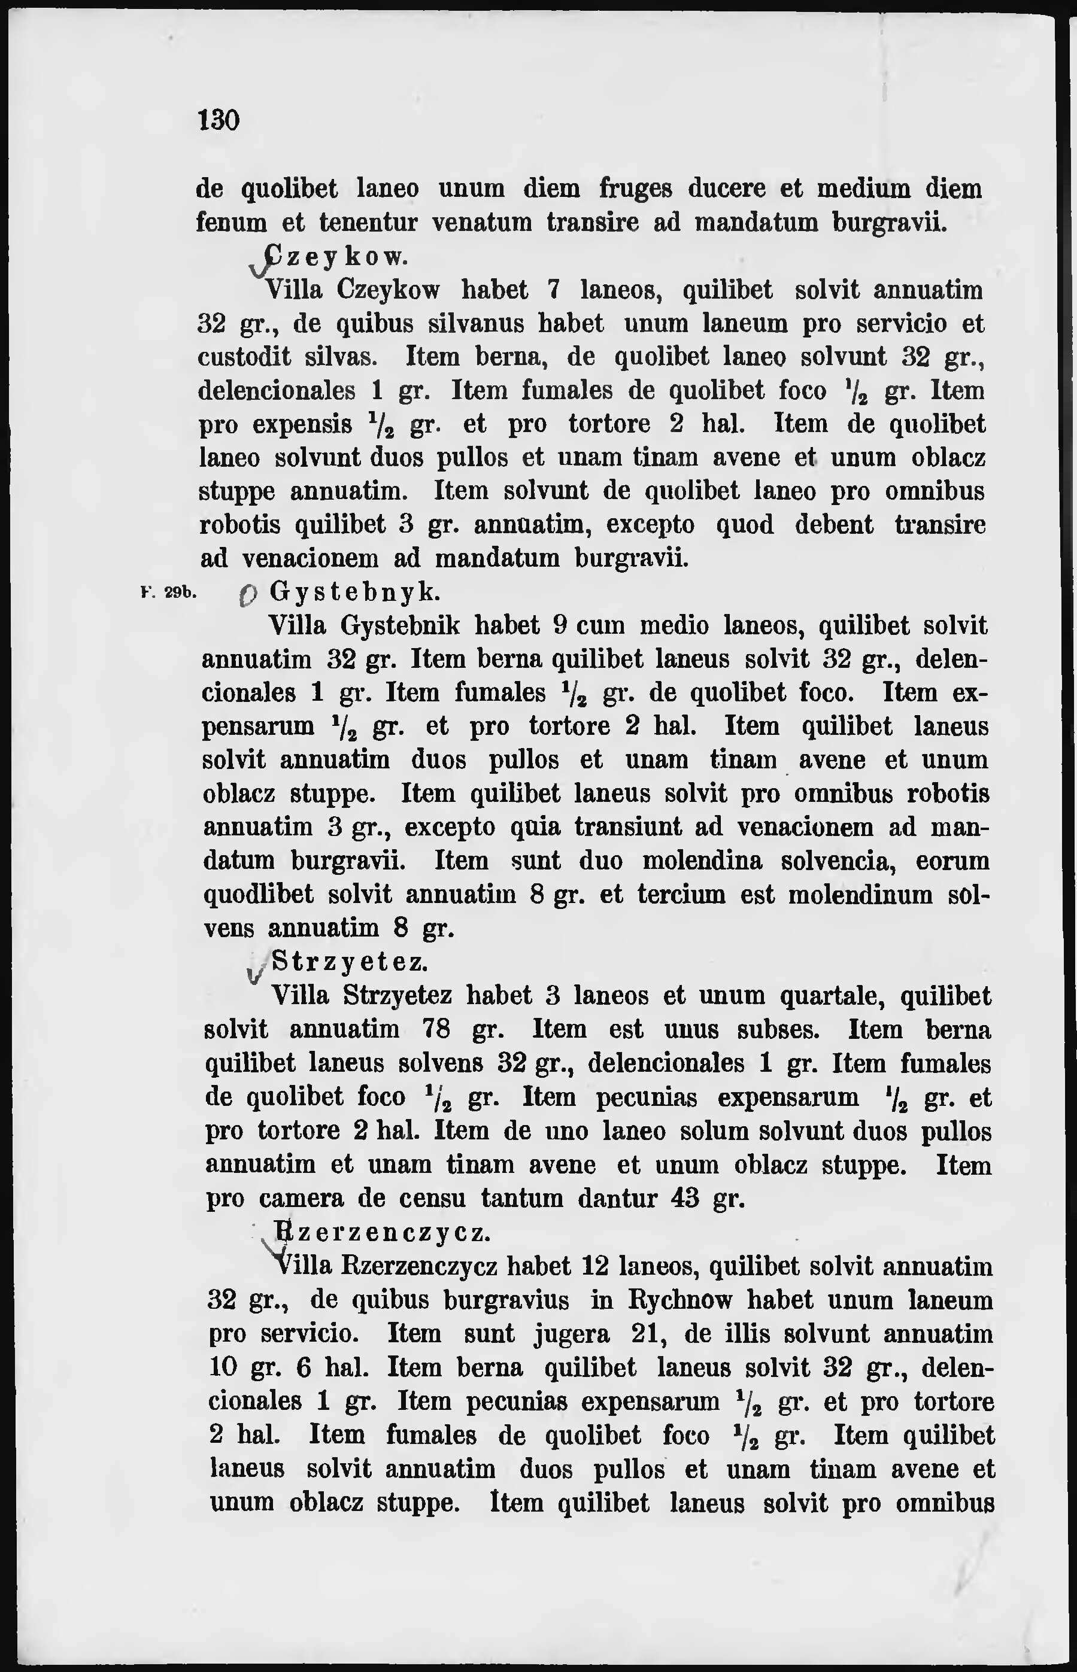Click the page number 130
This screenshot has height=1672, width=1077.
tap(219, 120)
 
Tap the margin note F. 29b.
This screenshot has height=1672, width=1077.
tap(171, 593)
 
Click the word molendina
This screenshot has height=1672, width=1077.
tap(702, 860)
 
